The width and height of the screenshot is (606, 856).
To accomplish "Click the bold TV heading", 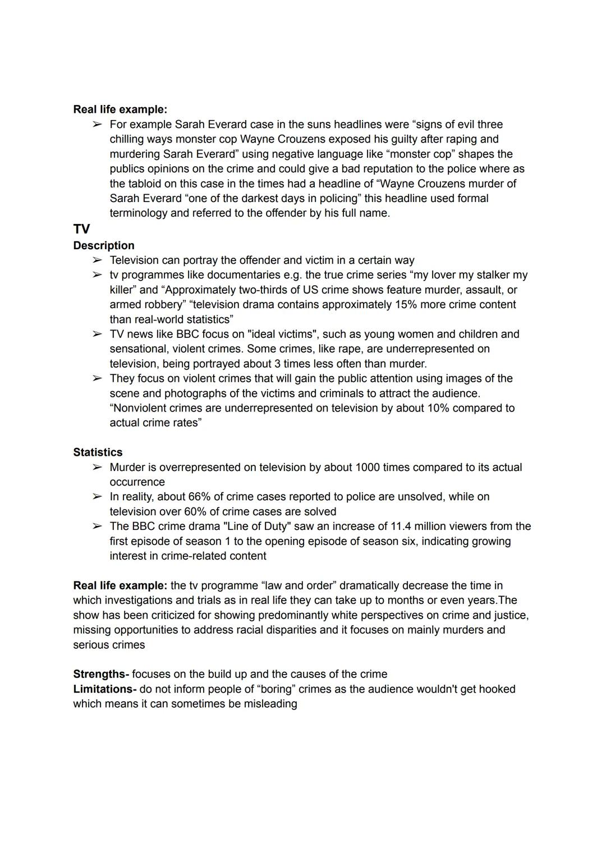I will click(x=81, y=229).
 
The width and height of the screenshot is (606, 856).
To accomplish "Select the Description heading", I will click(x=104, y=245).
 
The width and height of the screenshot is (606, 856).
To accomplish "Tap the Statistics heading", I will click(x=98, y=452).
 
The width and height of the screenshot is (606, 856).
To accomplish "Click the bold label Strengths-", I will click(x=101, y=674).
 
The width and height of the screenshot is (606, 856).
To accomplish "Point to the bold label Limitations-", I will click(x=105, y=689).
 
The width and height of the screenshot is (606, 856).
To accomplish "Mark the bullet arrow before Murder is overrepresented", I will click(x=98, y=467).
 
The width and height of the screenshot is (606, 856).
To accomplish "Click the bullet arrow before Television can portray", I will click(x=98, y=260).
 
